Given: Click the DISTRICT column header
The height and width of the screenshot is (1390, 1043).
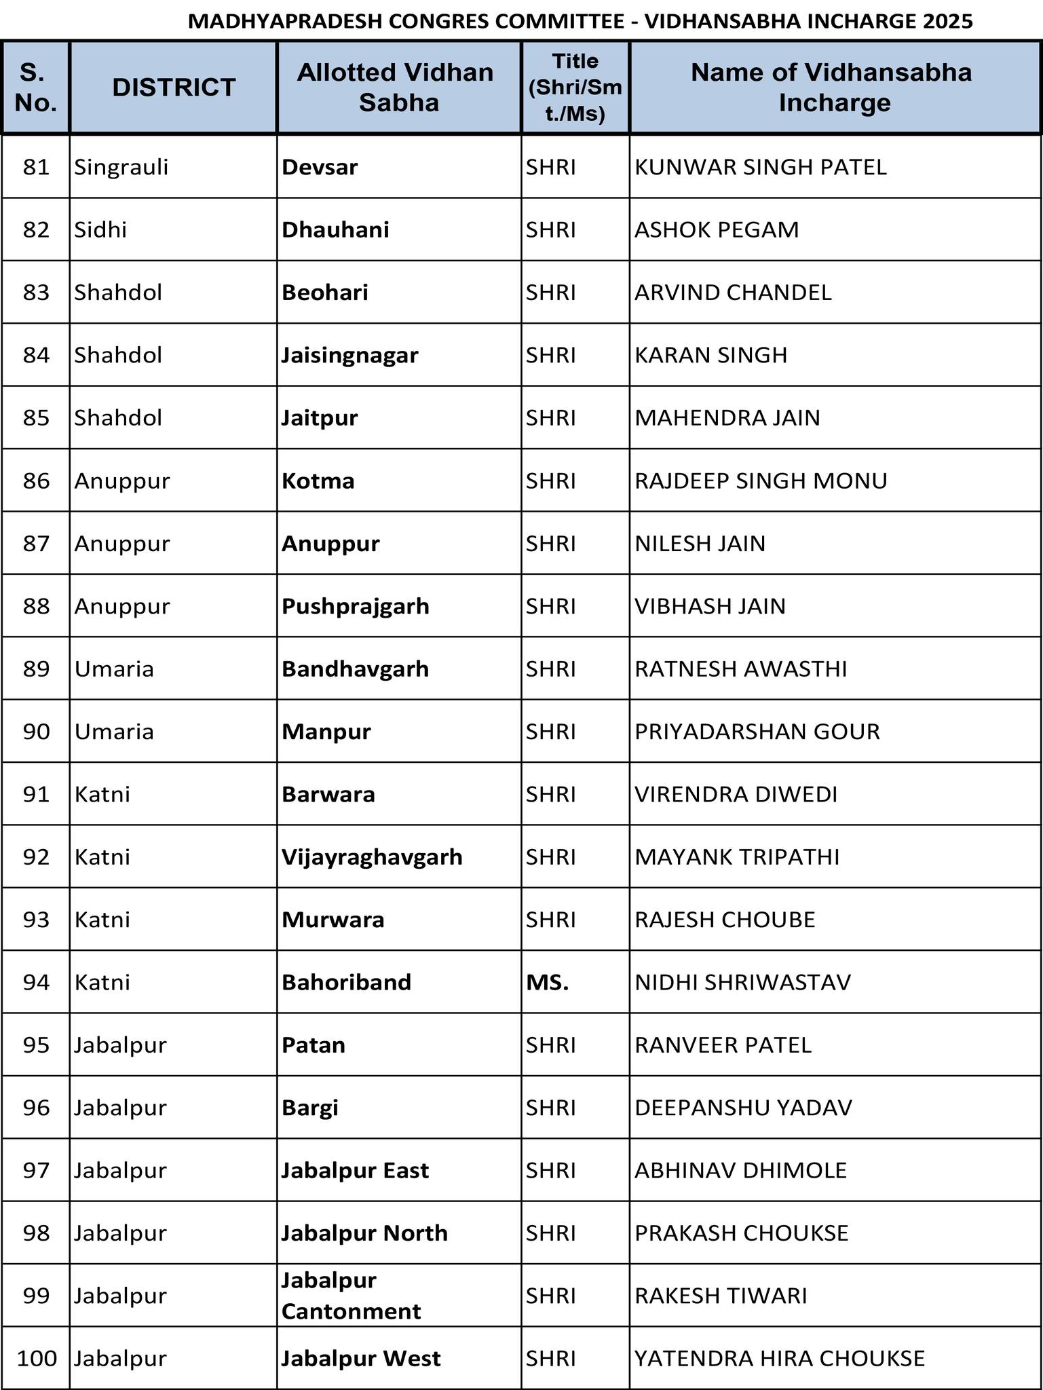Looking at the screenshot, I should tap(174, 88).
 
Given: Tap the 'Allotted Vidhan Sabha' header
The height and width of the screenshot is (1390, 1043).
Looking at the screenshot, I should tap(398, 88).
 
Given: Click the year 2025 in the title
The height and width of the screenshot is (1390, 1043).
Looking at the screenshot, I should tap(947, 22).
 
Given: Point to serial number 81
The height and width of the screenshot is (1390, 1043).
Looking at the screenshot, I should tap(36, 167).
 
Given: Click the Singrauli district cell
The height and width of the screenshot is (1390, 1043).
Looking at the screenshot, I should tap(121, 167).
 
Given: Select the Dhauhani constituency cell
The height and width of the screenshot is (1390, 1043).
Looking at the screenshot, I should tap(336, 230).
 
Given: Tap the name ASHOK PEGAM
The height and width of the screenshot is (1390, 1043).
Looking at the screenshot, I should tap(717, 230).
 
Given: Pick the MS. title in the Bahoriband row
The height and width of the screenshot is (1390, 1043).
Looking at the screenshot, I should tap(547, 982).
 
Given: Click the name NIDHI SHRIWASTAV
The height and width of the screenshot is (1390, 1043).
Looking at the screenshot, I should tap(742, 982).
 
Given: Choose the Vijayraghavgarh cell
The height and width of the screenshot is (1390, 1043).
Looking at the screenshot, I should tap(372, 857).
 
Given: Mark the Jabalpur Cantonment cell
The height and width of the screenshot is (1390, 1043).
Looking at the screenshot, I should tap(351, 1296).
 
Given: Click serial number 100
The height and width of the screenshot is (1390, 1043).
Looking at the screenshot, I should tap(37, 1358).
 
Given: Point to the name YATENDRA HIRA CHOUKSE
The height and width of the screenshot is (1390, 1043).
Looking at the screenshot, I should tap(780, 1358).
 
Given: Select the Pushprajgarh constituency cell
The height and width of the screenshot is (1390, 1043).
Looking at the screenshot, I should tap(356, 606).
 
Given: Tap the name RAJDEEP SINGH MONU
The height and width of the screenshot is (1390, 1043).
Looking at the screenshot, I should tap(761, 481).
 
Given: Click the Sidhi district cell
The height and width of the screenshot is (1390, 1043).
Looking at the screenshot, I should tap(100, 230).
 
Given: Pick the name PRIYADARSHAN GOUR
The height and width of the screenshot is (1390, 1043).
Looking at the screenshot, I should tap(757, 732).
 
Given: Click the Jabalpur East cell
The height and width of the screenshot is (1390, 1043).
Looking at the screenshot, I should tap(355, 1170).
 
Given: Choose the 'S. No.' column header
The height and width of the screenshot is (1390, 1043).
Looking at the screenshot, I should tap(36, 88).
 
